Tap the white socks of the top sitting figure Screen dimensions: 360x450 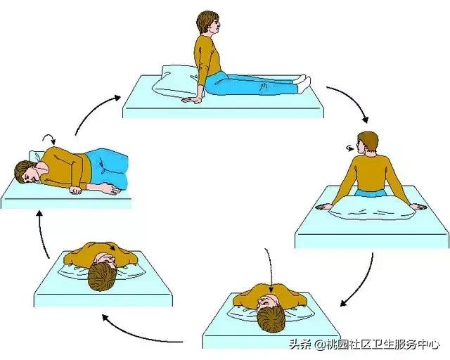pos(300,82)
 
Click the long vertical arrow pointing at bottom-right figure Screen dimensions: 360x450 pos(266,271)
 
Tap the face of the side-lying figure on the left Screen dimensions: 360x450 pos(27,172)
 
